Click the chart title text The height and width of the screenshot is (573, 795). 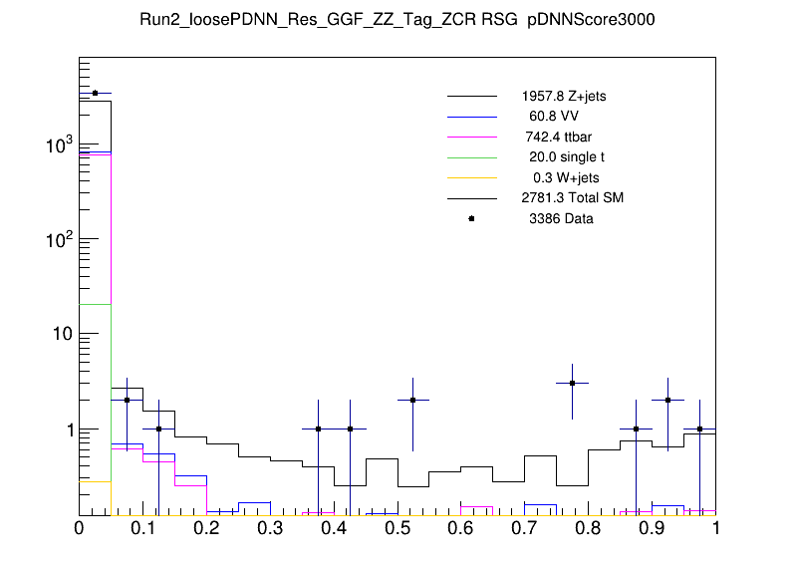(397, 21)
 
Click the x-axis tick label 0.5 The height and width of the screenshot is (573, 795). (397, 529)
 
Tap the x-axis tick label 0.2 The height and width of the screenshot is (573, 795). (206, 529)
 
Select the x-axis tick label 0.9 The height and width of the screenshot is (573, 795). (653, 529)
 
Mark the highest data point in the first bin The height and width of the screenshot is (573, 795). (95, 93)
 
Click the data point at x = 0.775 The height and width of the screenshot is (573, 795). (573, 383)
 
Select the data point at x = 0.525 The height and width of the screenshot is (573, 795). (413, 400)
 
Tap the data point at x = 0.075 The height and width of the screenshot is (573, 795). (127, 400)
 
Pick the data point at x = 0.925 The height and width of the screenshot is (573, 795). (668, 400)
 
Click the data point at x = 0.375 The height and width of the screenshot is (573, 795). (318, 429)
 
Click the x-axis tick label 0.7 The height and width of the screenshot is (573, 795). (525, 529)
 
